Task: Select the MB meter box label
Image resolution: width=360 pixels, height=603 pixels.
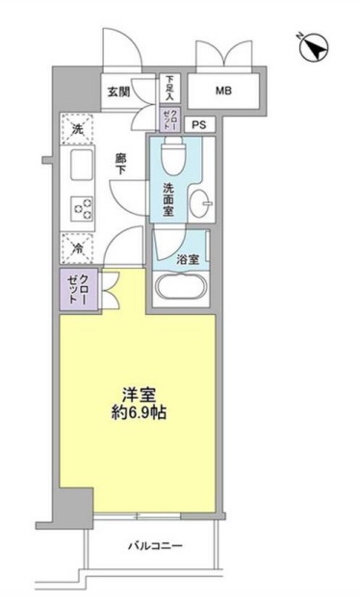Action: [x=222, y=92]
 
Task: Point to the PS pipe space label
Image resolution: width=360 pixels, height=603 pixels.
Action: [x=200, y=124]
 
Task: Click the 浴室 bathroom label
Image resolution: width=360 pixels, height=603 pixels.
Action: [x=187, y=259]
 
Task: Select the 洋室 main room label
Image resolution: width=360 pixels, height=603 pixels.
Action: [x=141, y=395]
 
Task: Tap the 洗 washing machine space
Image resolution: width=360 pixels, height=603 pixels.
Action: [x=77, y=128]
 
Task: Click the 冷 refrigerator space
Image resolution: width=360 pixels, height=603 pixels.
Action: [x=77, y=246]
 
